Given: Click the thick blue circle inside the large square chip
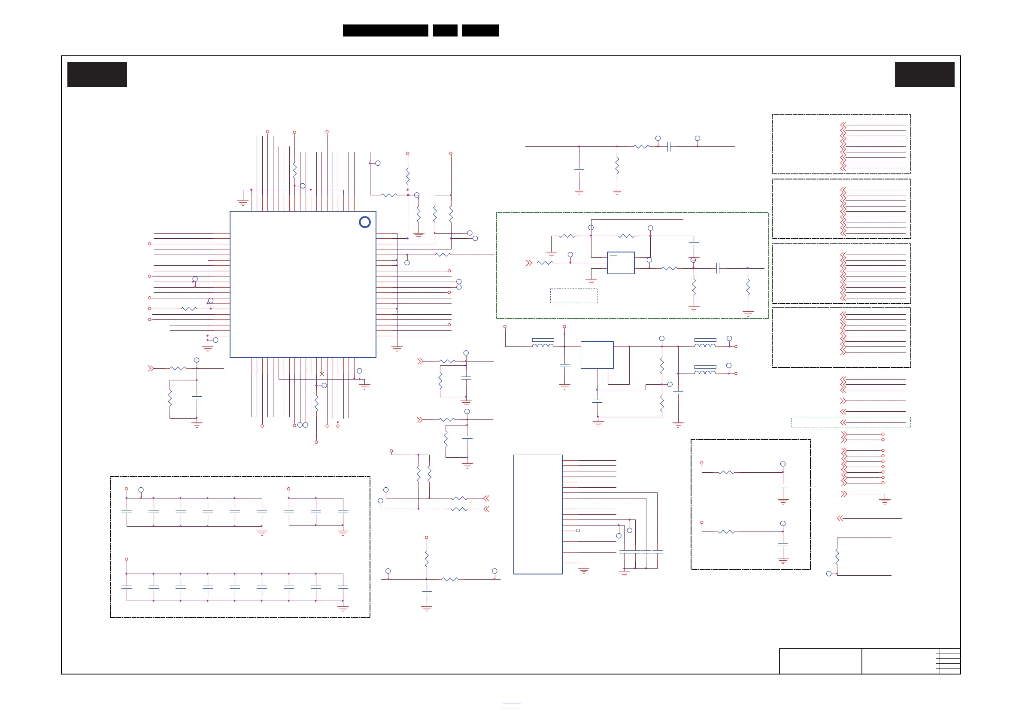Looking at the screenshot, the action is pos(364,222).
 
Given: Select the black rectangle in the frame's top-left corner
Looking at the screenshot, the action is pos(97,74).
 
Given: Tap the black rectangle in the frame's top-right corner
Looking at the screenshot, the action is pos(925,74).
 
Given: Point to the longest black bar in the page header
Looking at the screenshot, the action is pos(385,30).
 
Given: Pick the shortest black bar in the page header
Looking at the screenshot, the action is pos(445,30).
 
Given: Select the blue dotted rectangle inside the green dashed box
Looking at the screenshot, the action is pos(574,296).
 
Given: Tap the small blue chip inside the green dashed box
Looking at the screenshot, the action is pos(621,263).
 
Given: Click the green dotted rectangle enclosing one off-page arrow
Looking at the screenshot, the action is pos(851,422).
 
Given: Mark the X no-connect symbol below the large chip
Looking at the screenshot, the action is pos(322,374).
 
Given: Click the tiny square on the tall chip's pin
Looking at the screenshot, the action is pos(578,530).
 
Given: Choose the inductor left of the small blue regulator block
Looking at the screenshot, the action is pos(543,345).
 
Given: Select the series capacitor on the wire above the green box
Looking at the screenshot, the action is pos(669,146).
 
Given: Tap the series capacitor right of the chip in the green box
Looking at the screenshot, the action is pos(718,268).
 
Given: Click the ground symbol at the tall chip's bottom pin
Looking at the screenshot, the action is pos(584,570).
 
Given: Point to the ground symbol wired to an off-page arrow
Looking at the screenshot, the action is pos(885,501).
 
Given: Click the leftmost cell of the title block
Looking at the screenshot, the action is pos(820,661).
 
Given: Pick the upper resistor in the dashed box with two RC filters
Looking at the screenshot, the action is pos(726,472).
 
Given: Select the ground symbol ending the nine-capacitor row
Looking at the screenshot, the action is pos(343,608).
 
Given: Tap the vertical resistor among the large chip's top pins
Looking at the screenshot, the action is pos(295,170).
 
